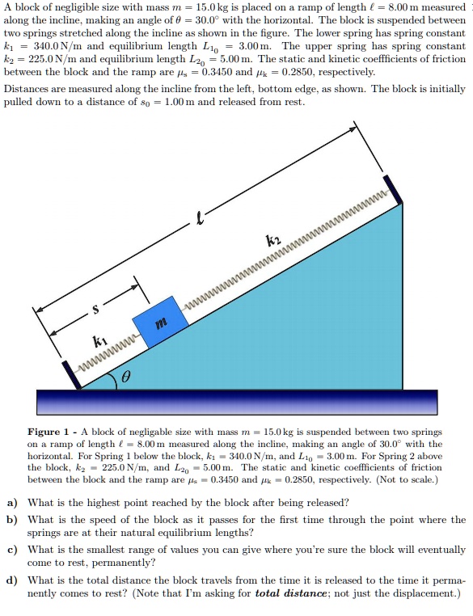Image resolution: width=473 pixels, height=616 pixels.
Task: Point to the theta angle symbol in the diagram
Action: (126, 377)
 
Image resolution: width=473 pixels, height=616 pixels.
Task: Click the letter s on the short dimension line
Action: (95, 308)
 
